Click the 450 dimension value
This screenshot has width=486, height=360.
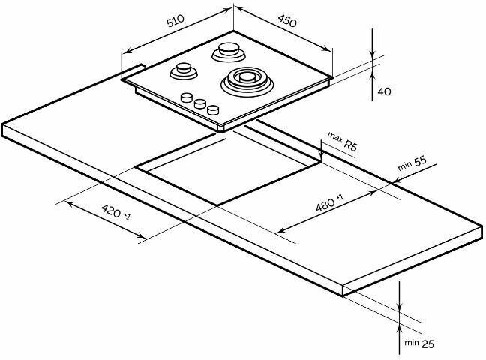[x=287, y=22]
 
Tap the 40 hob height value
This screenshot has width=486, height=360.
[x=384, y=91]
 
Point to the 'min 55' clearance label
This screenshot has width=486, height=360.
[x=412, y=163]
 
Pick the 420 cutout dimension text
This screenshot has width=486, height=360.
[x=114, y=213]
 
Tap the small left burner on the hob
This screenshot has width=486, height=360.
[x=181, y=72]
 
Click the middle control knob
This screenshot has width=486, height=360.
[x=200, y=103]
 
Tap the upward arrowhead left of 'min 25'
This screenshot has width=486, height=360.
[x=401, y=322]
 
